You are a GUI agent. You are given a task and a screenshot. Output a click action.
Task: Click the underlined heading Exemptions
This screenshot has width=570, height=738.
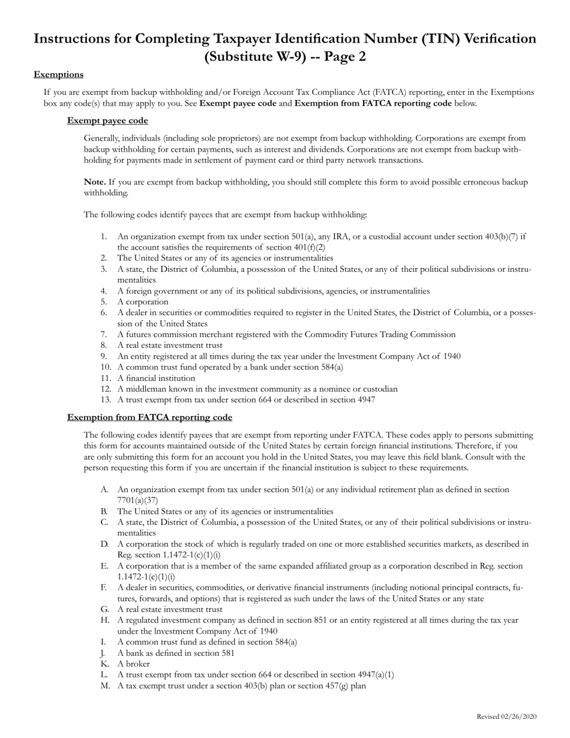[x=58, y=74]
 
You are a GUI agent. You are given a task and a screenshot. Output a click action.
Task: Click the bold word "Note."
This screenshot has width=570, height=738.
[x=95, y=182]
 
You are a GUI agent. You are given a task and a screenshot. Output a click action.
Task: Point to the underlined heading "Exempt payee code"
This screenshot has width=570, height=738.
[x=107, y=121]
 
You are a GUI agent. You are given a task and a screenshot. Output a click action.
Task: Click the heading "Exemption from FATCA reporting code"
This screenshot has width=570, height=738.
[x=149, y=417]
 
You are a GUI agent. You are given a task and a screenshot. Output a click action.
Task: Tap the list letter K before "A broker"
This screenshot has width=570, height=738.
[x=104, y=664]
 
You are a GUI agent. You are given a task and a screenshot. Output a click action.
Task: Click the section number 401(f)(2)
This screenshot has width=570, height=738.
[x=305, y=247]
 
